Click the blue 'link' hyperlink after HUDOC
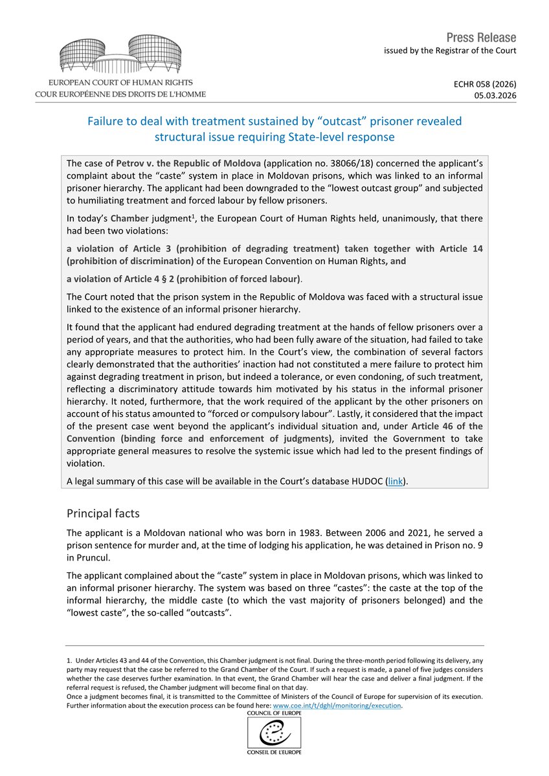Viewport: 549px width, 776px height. [x=395, y=482]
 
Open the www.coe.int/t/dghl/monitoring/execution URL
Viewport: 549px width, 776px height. [x=337, y=705]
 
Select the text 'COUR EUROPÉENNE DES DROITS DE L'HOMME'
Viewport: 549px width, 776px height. [x=120, y=94]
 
